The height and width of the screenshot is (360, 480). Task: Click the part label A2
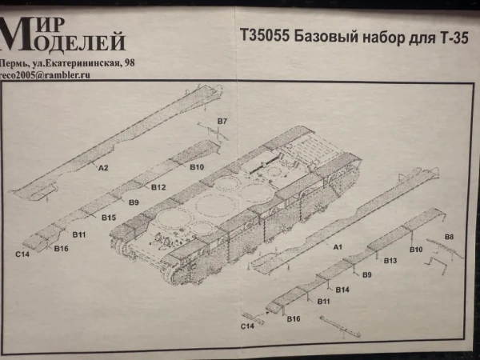(x=102, y=169)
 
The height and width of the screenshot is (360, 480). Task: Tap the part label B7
(x=222, y=121)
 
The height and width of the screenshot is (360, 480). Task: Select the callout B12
(x=158, y=187)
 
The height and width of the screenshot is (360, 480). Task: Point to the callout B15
(x=110, y=218)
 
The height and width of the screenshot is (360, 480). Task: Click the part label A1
(x=338, y=248)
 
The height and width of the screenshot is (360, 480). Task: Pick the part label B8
(x=449, y=238)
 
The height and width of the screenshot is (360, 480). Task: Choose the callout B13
(x=390, y=261)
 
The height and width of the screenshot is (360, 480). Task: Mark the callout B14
(x=342, y=289)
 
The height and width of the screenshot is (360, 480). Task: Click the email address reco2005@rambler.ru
(x=44, y=74)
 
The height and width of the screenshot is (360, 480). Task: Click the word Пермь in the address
(x=14, y=62)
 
